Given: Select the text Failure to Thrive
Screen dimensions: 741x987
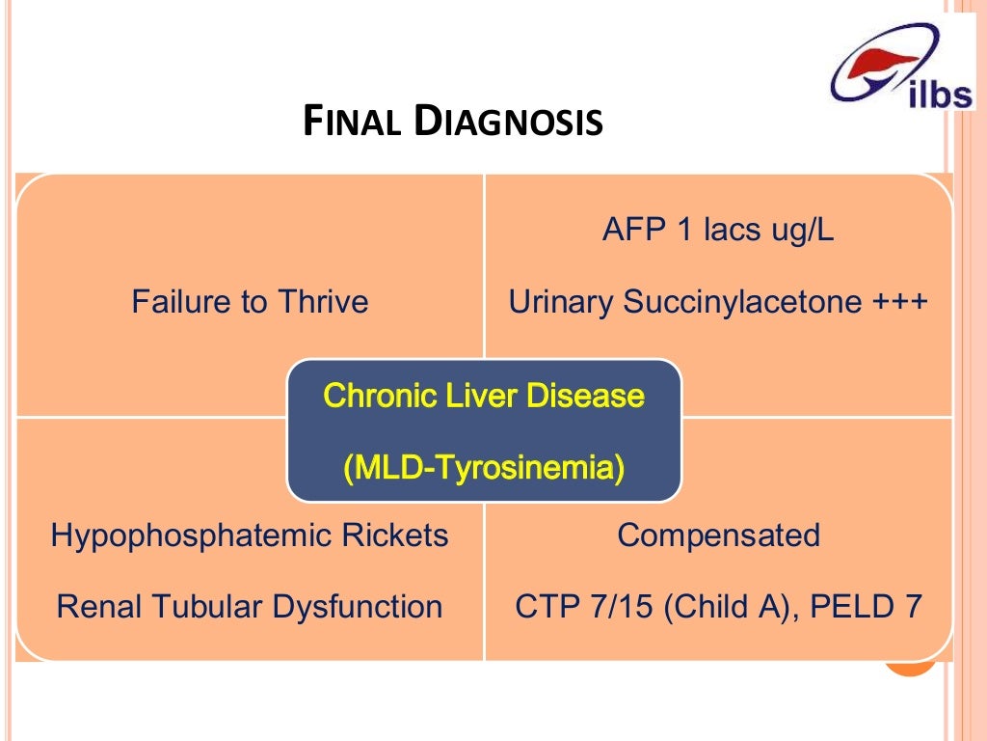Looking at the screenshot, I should (x=250, y=302).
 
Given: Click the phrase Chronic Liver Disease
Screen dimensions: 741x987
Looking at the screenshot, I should (x=484, y=396).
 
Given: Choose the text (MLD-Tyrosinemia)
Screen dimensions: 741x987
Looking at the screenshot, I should (x=484, y=469).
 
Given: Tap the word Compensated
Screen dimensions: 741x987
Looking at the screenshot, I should (x=718, y=535).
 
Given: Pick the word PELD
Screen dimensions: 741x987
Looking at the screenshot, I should (x=847, y=606).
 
